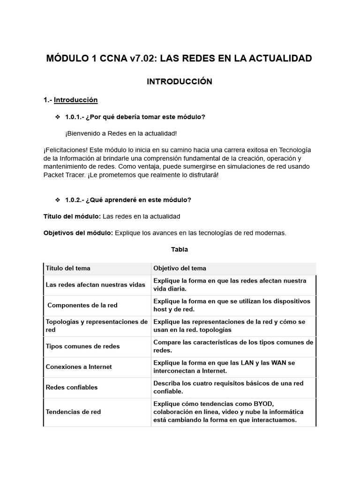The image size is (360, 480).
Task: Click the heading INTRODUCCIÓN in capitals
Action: pos(180,82)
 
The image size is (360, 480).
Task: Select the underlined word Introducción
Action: pos(75,100)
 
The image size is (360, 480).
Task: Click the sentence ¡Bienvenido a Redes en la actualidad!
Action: pos(121,134)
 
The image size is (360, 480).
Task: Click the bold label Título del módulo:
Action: pos(72,217)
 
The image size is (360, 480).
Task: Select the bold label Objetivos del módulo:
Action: pos(78,233)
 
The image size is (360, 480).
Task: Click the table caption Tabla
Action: pos(180,249)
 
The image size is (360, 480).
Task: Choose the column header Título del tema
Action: pos(68,269)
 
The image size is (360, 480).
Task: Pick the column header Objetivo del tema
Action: pos(180,269)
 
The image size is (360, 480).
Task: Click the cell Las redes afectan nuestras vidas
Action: pos(96,285)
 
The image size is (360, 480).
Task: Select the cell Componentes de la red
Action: pos(82,305)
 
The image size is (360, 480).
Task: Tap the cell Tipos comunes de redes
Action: pos(82,346)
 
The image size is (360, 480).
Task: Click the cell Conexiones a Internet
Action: pos(79,367)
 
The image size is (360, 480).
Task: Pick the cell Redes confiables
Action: pos(71,388)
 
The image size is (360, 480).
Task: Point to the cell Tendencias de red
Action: pos(73,412)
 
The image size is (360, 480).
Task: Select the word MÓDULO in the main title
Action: pos(66,59)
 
